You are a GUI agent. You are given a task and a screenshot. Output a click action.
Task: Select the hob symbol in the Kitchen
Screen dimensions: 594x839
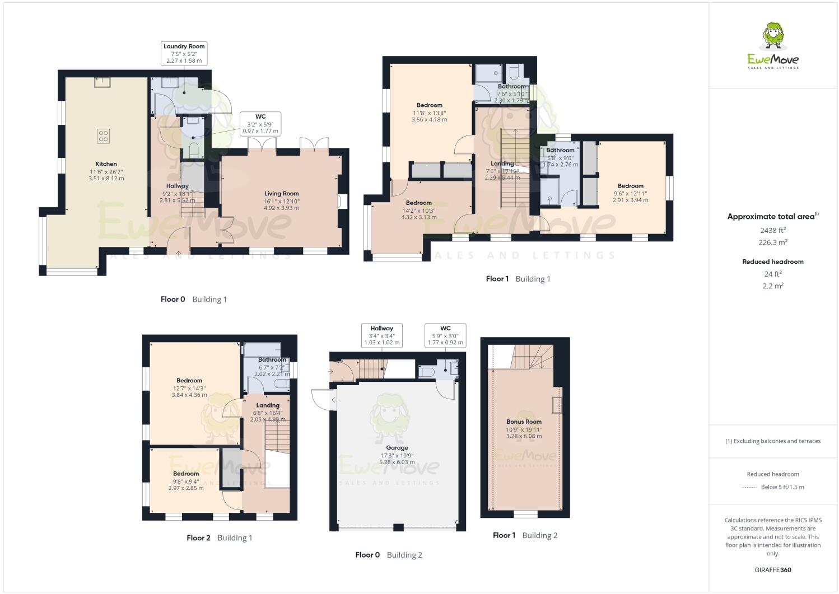(104, 135)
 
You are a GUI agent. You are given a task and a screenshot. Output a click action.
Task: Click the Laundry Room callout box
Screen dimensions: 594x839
(184, 53)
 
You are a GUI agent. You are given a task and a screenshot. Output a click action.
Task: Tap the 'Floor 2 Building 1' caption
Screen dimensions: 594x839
(219, 538)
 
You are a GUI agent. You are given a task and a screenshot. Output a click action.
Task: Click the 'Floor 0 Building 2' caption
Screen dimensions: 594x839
(388, 555)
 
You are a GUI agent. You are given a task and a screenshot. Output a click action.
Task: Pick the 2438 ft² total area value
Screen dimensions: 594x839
(773, 230)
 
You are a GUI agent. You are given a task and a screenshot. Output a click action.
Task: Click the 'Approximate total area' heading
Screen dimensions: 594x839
(772, 216)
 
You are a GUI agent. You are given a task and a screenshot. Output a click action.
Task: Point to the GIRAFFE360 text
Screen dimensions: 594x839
(773, 570)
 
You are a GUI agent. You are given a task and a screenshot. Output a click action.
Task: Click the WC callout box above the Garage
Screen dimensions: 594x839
(445, 335)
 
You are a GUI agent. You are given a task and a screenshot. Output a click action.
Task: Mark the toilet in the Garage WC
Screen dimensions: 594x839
(427, 371)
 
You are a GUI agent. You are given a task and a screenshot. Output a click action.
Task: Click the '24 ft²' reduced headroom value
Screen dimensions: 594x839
(773, 274)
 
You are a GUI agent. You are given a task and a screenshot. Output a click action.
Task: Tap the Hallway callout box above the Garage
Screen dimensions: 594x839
(381, 335)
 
